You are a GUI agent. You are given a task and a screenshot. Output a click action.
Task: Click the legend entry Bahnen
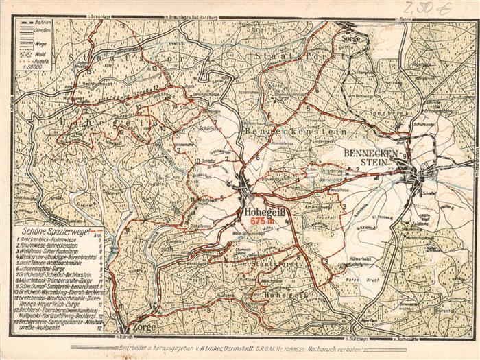[x=43, y=22]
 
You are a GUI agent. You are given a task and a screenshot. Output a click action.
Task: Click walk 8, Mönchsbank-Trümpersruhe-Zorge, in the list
[x=56, y=280]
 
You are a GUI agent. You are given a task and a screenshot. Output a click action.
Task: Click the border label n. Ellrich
[x=123, y=336]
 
